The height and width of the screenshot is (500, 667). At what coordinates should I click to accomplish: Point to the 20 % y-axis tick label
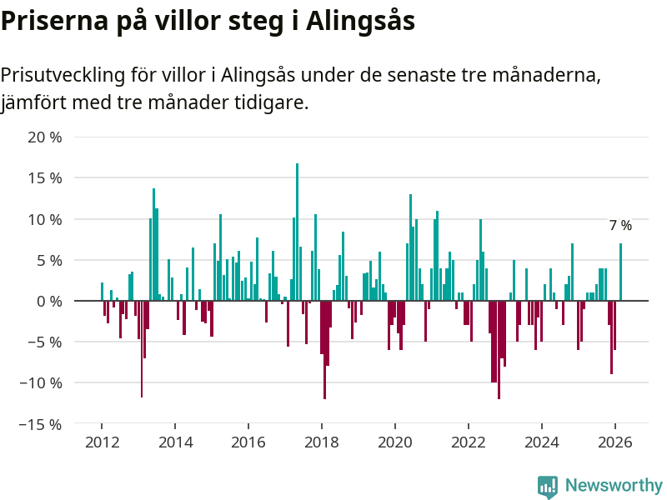click(x=45, y=137)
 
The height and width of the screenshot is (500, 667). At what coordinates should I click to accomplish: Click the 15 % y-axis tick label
click(x=45, y=178)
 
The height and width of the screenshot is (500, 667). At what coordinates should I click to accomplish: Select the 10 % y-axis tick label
click(x=45, y=219)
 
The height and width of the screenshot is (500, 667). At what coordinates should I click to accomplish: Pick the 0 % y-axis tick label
click(x=49, y=301)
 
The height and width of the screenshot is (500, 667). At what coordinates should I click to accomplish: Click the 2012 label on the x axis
click(x=102, y=442)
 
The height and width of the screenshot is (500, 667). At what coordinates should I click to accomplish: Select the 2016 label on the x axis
click(x=248, y=442)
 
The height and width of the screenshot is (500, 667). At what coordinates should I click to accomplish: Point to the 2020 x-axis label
click(x=395, y=442)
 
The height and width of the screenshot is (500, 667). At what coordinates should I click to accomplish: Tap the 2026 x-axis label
click(x=615, y=442)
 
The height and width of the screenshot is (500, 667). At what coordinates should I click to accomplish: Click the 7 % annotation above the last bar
click(x=620, y=226)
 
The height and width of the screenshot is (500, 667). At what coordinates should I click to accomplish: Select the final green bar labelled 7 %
click(x=620, y=272)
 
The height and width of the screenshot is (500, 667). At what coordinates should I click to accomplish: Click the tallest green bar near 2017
click(x=297, y=232)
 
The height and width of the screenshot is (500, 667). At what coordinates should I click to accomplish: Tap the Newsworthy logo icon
click(x=548, y=487)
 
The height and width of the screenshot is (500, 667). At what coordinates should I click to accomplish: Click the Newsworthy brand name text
click(x=614, y=486)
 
